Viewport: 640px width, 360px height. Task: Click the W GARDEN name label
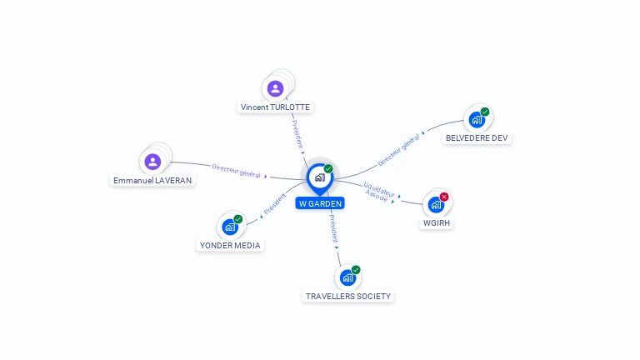(319, 203)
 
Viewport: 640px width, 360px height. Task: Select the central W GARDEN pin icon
(319, 177)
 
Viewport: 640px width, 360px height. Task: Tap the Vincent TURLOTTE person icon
(276, 88)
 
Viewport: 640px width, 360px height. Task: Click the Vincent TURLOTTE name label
(276, 107)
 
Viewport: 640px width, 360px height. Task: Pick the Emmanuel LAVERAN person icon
(152, 162)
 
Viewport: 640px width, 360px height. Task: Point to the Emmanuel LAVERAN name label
(152, 180)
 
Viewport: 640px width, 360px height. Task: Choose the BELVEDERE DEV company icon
(477, 119)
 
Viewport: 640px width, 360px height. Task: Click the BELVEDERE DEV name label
(477, 137)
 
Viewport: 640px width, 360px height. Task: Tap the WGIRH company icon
(436, 204)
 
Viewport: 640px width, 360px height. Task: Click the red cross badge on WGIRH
(444, 197)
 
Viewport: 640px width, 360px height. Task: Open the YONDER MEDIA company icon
(230, 227)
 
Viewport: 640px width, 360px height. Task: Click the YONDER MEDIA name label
(230, 245)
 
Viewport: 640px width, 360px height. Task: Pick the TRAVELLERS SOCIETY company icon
(347, 277)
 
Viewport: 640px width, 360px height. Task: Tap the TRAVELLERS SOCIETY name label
(348, 296)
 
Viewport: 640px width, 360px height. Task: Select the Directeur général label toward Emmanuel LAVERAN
(237, 171)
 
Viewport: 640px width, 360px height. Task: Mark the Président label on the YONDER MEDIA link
(274, 204)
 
